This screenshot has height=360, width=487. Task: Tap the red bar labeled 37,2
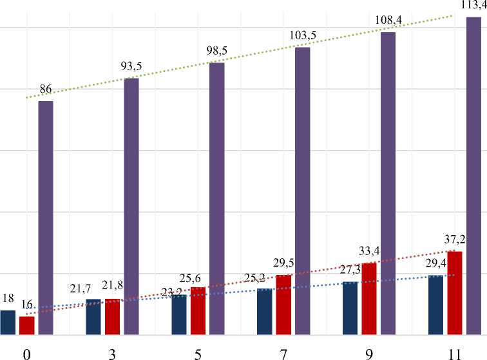(x=455, y=293)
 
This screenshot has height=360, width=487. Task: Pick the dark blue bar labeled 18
(x=8, y=323)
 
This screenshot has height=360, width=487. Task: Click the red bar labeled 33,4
(x=369, y=299)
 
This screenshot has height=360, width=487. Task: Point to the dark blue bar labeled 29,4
(x=435, y=305)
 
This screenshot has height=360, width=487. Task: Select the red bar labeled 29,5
(x=283, y=305)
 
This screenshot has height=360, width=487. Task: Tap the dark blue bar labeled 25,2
(x=264, y=312)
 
